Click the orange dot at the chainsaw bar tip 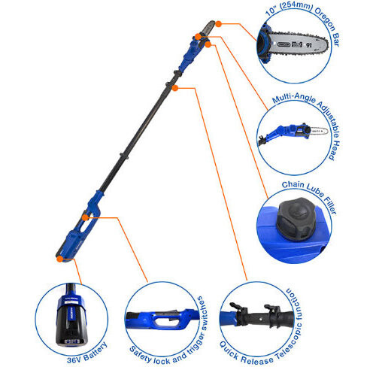click(x=219, y=24)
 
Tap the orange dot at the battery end click(x=59, y=259)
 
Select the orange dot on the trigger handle click(x=85, y=217)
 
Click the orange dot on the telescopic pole click(x=175, y=88)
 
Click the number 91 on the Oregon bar click(x=309, y=45)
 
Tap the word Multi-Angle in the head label click(x=294, y=98)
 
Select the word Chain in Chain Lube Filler click(x=293, y=185)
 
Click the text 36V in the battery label click(x=74, y=359)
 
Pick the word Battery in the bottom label click(x=96, y=352)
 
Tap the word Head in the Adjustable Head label click(x=335, y=150)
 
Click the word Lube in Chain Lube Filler click(x=315, y=190)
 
